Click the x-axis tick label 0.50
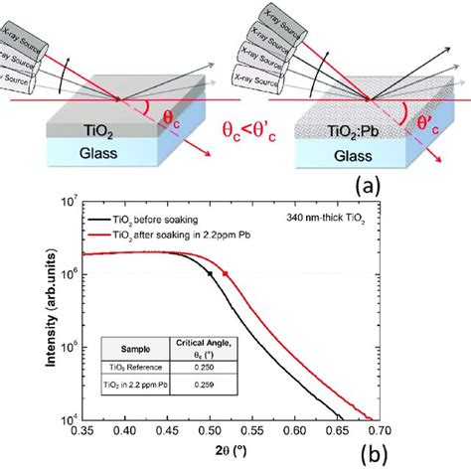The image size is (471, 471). click(x=211, y=434)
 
